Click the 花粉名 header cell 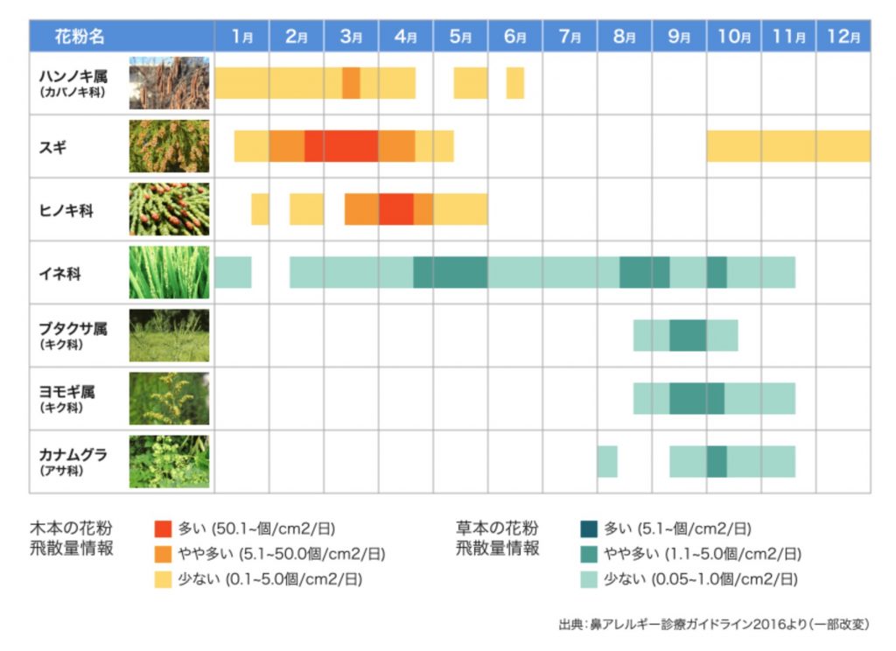(x=79, y=36)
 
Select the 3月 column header (x=351, y=36)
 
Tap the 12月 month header (x=843, y=36)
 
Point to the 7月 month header (x=570, y=36)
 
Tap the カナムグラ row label (x=73, y=456)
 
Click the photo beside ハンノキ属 (x=169, y=83)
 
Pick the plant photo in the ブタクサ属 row (x=169, y=335)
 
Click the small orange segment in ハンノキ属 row (x=351, y=83)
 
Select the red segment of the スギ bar (x=341, y=146)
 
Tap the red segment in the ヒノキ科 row (x=396, y=209)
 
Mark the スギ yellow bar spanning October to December (x=788, y=146)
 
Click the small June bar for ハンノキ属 (x=515, y=83)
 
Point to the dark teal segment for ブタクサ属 (x=688, y=335)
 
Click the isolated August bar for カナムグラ (x=607, y=461)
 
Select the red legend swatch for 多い (x=163, y=528)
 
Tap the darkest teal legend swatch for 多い (x=589, y=528)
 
